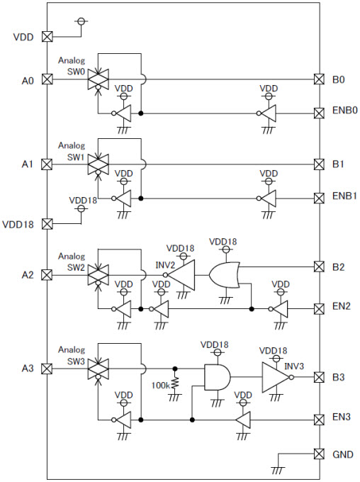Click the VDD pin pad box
[x=47, y=37]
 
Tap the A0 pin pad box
[x=47, y=79]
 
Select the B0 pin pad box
[x=319, y=79]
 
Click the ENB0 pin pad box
[x=319, y=113]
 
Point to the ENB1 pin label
[x=345, y=196]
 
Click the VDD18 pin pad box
[x=47, y=223]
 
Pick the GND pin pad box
[x=319, y=454]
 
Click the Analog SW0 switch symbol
[x=98, y=79]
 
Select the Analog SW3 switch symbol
[x=98, y=369]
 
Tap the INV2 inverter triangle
[x=181, y=275]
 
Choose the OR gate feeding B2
[x=225, y=275]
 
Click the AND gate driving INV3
[x=218, y=377]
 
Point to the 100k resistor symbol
[x=175, y=383]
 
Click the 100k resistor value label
[x=161, y=385]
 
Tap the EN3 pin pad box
[x=319, y=420]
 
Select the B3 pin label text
[x=339, y=377]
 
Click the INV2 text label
[x=165, y=264]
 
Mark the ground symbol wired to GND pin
[x=278, y=471]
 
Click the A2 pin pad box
[x=47, y=275]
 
